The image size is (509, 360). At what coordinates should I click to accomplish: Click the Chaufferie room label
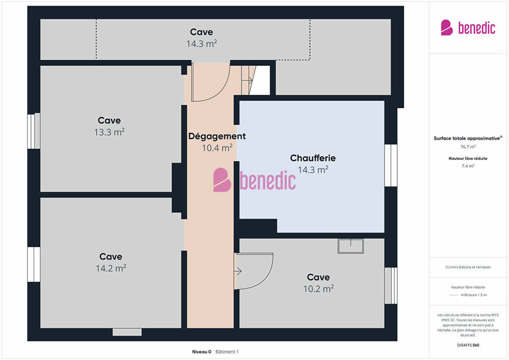[x=313, y=158]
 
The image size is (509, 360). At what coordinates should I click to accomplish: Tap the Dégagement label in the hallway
[x=217, y=136]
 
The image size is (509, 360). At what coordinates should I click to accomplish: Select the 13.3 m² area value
[x=110, y=132]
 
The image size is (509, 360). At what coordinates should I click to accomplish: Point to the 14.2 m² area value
[x=111, y=268]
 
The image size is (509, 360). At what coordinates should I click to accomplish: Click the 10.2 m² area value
[x=318, y=289]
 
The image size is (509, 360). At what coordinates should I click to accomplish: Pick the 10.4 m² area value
[x=217, y=148]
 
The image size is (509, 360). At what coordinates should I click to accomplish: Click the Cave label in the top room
[x=201, y=32]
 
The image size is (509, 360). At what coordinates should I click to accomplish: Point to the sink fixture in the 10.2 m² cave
[x=351, y=246]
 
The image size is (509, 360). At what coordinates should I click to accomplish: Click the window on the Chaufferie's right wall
[x=391, y=165]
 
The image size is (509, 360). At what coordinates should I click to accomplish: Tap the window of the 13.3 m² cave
[x=34, y=131]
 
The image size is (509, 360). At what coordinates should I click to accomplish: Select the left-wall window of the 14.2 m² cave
[x=34, y=264]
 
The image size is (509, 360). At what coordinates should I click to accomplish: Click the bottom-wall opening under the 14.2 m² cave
[x=127, y=332]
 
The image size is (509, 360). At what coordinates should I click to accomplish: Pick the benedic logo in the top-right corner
[x=468, y=28]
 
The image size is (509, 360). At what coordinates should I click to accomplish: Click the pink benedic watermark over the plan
[x=254, y=179]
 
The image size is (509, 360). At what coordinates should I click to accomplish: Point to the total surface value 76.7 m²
[x=468, y=147]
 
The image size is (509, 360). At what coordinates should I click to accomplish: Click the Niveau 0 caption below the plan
[x=202, y=352]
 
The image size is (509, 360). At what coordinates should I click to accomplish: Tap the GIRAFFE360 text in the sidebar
[x=468, y=345]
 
